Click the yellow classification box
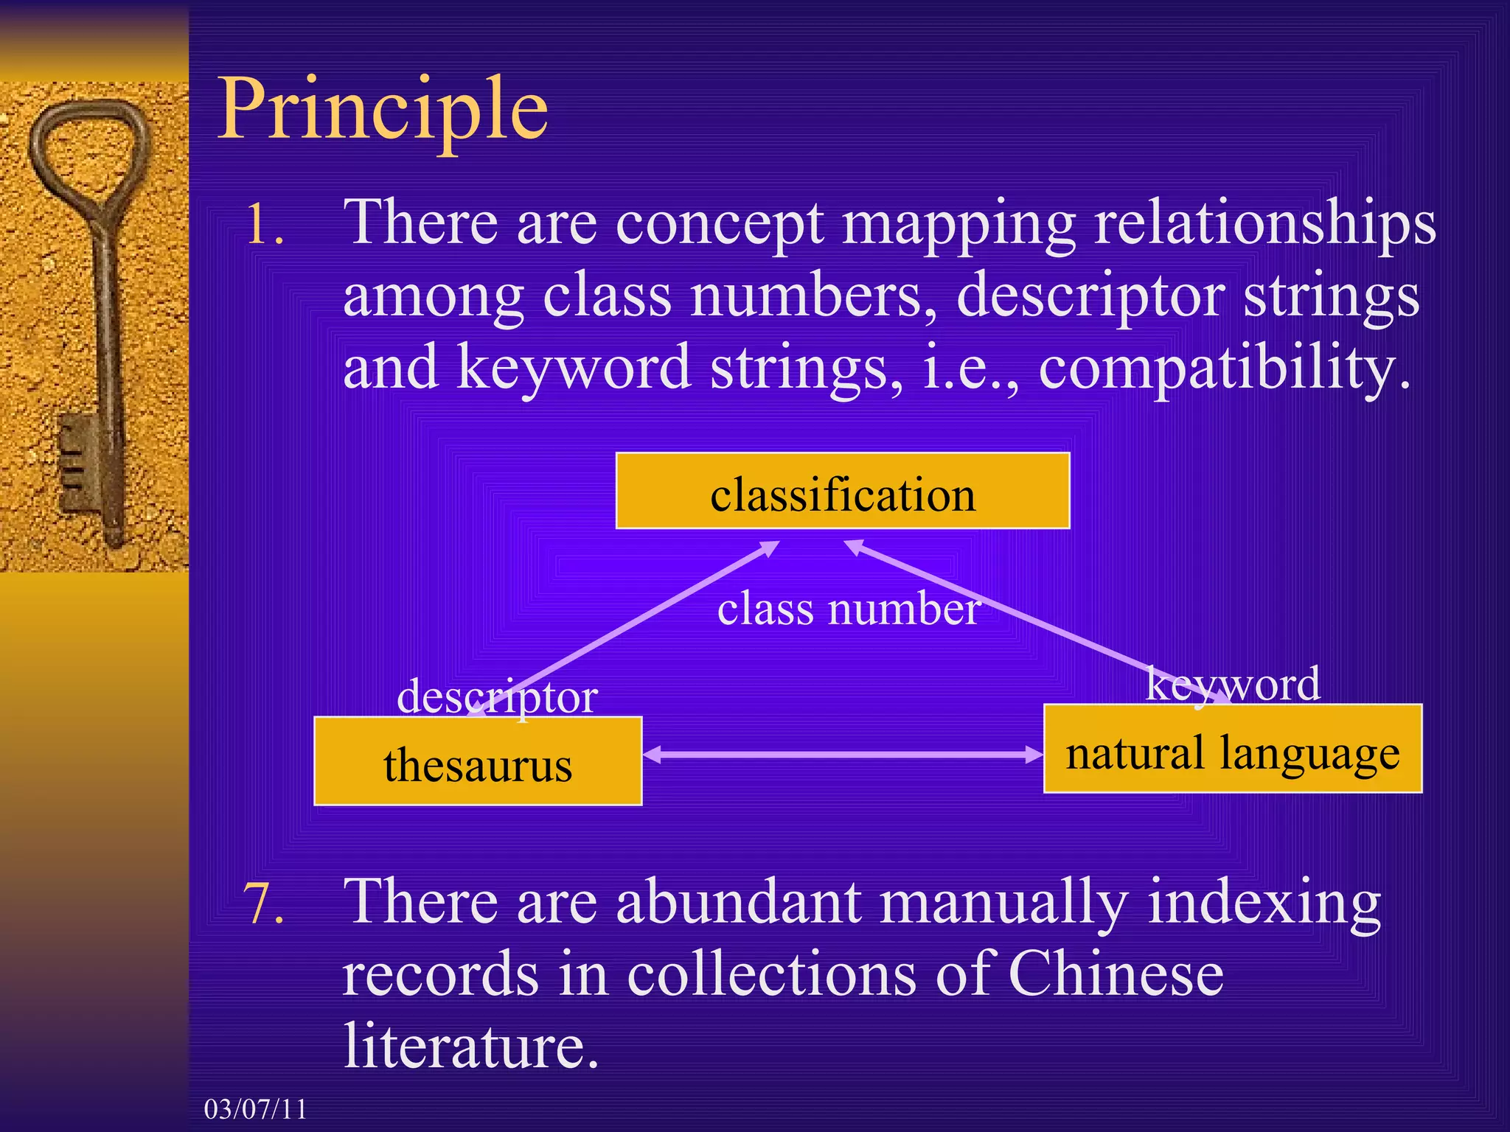coord(842,492)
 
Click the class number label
coord(848,609)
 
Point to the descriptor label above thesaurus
coord(497,696)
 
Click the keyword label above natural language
coord(1233,683)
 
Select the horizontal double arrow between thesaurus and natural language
coord(842,754)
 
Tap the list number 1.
coord(264,224)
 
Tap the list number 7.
coord(264,904)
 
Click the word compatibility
coord(1224,368)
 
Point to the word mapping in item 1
coord(958,224)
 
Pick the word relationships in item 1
coord(1265,224)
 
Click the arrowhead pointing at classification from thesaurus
coord(770,547)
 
